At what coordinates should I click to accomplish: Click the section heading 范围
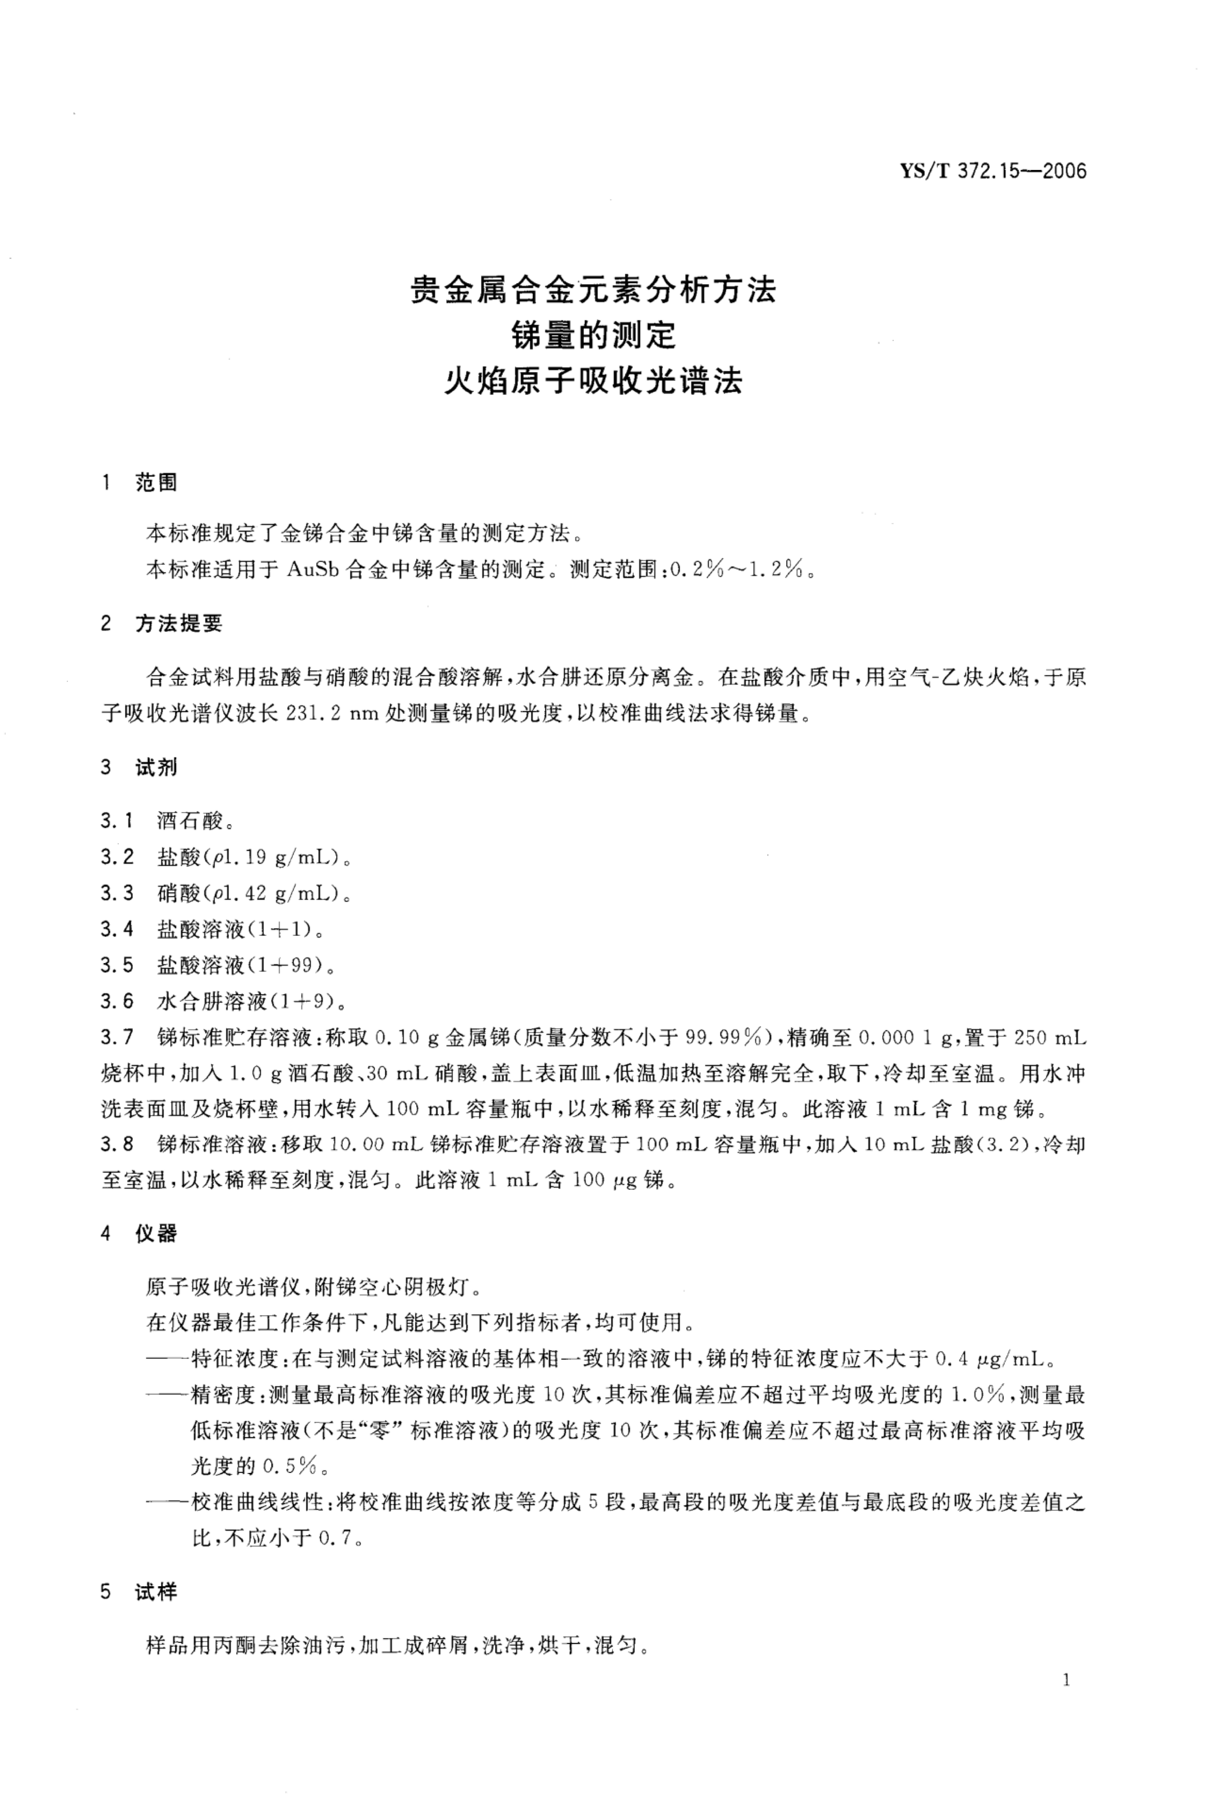tap(156, 483)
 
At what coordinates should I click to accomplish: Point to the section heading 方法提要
tap(179, 624)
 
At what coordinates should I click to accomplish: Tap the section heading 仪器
tap(156, 1234)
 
